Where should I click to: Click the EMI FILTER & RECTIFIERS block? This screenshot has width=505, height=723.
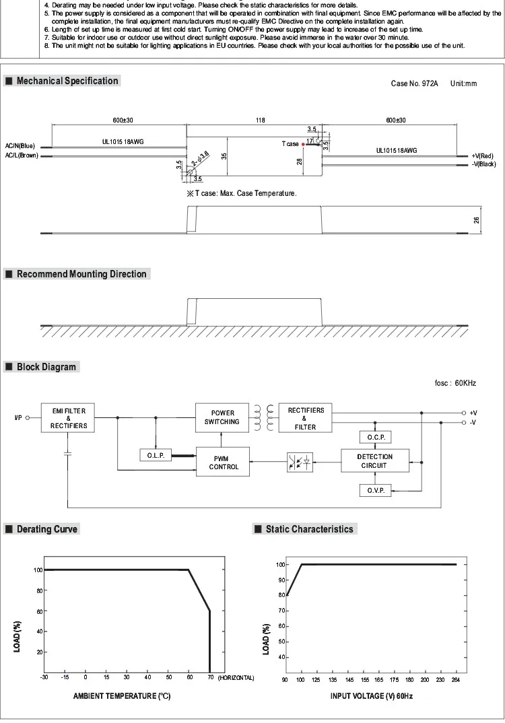[x=68, y=417]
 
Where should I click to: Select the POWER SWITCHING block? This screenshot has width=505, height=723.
[x=223, y=417]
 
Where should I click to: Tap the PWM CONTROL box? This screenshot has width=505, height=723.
[x=223, y=462]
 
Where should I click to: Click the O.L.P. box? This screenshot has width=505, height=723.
[x=156, y=456]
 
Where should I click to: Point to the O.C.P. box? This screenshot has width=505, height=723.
[x=374, y=438]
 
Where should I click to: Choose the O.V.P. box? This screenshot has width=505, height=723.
[x=374, y=491]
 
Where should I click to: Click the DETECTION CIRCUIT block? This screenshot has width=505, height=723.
[x=374, y=461]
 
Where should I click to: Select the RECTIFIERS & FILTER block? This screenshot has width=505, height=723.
[x=306, y=417]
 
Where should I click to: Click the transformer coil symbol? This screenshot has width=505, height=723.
[x=265, y=417]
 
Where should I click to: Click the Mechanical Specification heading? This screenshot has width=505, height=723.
[x=67, y=81]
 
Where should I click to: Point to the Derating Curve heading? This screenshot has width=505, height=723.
[x=47, y=529]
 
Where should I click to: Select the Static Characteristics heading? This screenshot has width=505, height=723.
[x=309, y=529]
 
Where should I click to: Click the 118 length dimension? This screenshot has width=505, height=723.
[x=260, y=120]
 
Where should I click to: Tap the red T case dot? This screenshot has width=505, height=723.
[x=304, y=144]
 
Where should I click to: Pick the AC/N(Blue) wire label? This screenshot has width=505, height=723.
[x=20, y=146]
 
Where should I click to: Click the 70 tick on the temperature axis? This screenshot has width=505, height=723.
[x=209, y=678]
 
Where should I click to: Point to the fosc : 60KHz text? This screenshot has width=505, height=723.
[x=455, y=383]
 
